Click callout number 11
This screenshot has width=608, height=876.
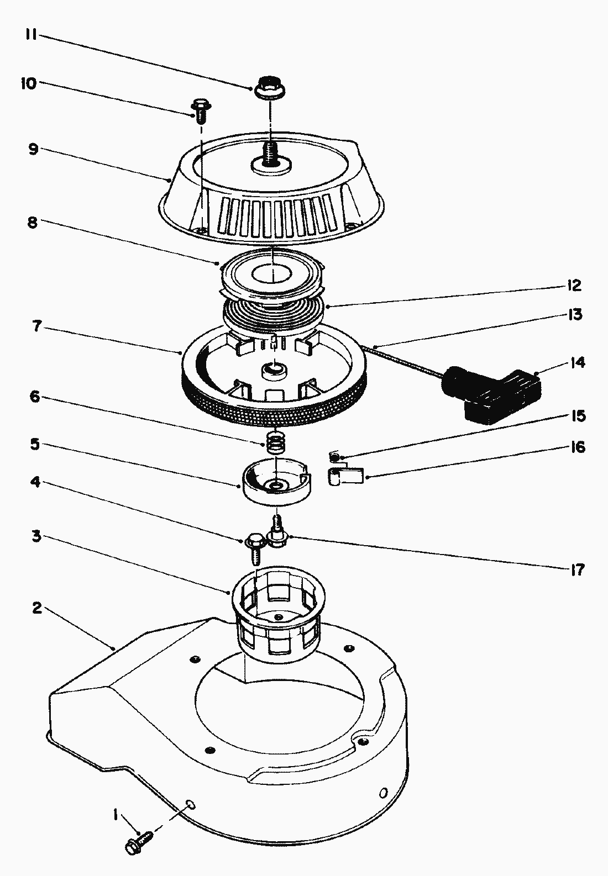[x=30, y=34]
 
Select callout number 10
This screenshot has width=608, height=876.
[x=28, y=83]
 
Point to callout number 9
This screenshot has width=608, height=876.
[x=33, y=150]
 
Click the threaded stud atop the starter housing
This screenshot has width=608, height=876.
[x=271, y=154]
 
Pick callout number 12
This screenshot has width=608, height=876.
[x=574, y=286]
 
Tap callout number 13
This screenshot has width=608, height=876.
[x=574, y=315]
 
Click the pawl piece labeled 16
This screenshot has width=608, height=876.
[x=347, y=476]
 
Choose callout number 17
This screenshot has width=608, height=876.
[x=576, y=569]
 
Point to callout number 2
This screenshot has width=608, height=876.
[x=36, y=608]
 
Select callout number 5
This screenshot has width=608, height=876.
[x=35, y=445]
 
